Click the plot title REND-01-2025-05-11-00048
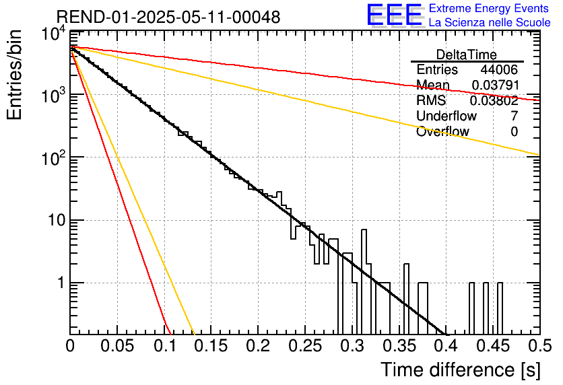[168, 17]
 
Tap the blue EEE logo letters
[394, 15]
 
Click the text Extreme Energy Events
[489, 8]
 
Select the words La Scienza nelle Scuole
[490, 22]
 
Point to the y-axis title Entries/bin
[15, 75]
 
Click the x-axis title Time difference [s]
[461, 370]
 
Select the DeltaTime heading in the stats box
[467, 55]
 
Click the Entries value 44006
[499, 69]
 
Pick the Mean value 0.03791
[496, 85]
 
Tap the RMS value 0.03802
[494, 100]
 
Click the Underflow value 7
[515, 116]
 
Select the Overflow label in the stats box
[442, 131]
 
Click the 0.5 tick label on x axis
[539, 345]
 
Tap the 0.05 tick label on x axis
[117, 345]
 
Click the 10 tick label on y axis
[57, 220]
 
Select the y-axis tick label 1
[61, 283]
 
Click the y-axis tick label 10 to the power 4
[54, 34]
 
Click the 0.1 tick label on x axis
[164, 345]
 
